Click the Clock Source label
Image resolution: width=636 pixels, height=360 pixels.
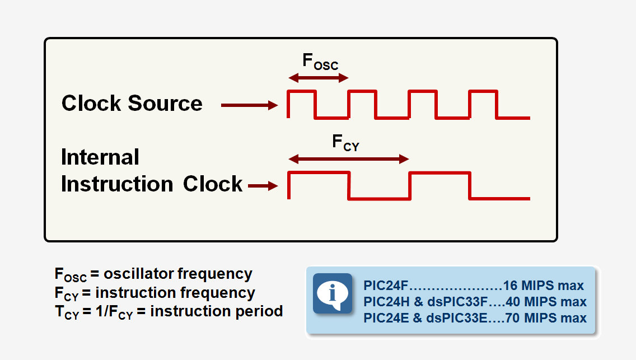(x=132, y=104)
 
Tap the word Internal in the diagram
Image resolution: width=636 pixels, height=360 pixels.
(x=100, y=157)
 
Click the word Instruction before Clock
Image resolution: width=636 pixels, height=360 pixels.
(x=116, y=184)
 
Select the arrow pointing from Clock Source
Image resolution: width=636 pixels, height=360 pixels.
(x=249, y=105)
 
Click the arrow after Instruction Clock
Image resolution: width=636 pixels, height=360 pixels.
(x=263, y=186)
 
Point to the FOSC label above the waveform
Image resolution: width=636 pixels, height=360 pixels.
(x=320, y=62)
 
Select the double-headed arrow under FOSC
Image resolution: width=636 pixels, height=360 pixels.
(x=318, y=78)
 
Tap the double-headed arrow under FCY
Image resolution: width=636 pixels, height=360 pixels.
(x=348, y=160)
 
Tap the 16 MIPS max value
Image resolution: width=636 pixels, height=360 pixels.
(x=543, y=286)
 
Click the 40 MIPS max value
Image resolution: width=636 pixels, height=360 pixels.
(x=546, y=302)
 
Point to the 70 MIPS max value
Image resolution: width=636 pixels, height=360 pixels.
(x=546, y=318)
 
